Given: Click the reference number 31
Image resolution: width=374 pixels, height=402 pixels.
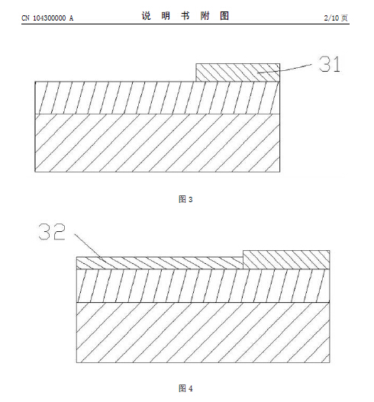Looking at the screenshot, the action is coord(330,64).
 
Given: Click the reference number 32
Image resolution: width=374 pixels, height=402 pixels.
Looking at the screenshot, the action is coord(52,232).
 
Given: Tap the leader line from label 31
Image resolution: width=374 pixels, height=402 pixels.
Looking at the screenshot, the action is coord(285,69).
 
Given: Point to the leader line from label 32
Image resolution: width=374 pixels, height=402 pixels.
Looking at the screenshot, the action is coord(90,247).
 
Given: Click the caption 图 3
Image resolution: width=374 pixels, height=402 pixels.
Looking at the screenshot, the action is coord(185,199).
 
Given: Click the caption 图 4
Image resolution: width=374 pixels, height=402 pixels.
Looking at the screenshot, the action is coord(185,388).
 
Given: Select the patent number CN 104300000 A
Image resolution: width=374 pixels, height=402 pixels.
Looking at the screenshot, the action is coord(47,18).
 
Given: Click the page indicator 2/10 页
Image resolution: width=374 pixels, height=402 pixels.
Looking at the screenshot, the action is coord(336,18).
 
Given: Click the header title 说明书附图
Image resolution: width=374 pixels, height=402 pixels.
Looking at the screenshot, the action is coord(185,16).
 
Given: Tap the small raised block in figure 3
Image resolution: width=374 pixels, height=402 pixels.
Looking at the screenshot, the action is coord(238,72).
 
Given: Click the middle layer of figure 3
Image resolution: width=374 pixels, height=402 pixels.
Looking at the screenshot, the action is coord(157,98).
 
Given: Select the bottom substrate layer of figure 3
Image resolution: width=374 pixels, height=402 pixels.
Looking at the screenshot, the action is coord(157,143).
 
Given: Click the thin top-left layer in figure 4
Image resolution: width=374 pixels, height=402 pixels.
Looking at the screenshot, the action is coord(160,262).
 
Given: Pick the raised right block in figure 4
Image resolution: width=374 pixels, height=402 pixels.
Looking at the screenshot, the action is coord(286,259).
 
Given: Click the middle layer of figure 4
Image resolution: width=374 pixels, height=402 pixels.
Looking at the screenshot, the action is coord(203,285).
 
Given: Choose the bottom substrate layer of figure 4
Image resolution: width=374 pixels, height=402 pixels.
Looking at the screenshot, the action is coord(203,333).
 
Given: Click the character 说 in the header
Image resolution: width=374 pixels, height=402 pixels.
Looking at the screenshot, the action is coord(147,16).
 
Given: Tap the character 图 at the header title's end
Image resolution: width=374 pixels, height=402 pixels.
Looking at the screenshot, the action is coord(224,16).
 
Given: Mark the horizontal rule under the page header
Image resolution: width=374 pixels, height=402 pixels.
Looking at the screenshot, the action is coord(185,24).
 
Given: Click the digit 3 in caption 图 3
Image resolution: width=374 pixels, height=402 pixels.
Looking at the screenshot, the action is coord(190,199).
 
